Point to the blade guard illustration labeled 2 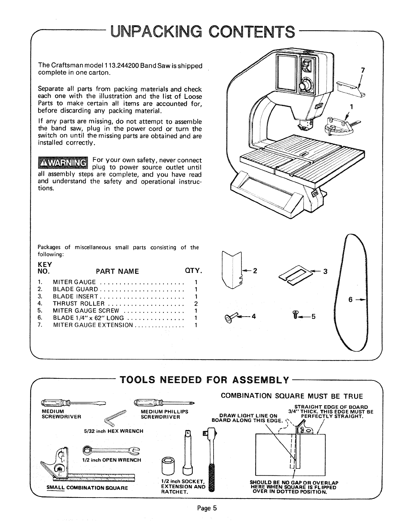pyautogui.click(x=231, y=270)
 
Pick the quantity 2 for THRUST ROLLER pyautogui.click(x=196, y=304)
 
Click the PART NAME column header pyautogui.click(x=117, y=272)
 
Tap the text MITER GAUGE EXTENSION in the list pyautogui.click(x=93, y=325)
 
